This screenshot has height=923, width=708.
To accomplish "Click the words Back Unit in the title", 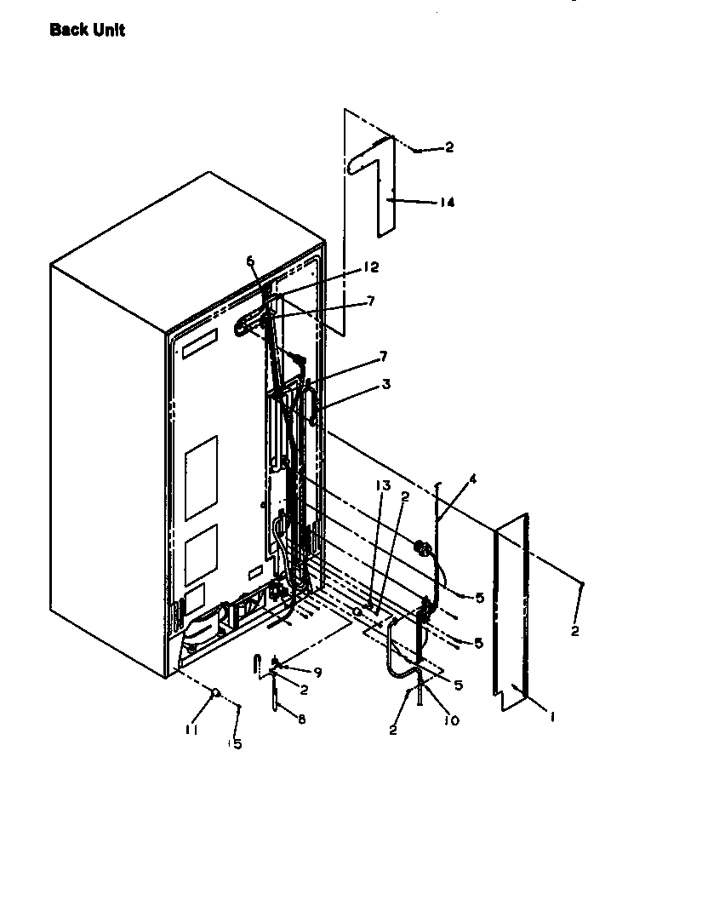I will point(87,31).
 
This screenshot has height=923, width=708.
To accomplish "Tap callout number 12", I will point(370,267).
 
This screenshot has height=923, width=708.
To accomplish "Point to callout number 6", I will point(251,261).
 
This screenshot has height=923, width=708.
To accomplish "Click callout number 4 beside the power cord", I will point(472,479).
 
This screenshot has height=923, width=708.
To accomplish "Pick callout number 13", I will point(382,485).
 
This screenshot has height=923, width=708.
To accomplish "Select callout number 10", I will point(450,720).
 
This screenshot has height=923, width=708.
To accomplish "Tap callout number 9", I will point(317,673).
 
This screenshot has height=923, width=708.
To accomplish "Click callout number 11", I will point(192,729).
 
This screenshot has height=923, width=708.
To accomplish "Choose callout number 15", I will point(236,743).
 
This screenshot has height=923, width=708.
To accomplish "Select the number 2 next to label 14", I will point(449,147).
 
